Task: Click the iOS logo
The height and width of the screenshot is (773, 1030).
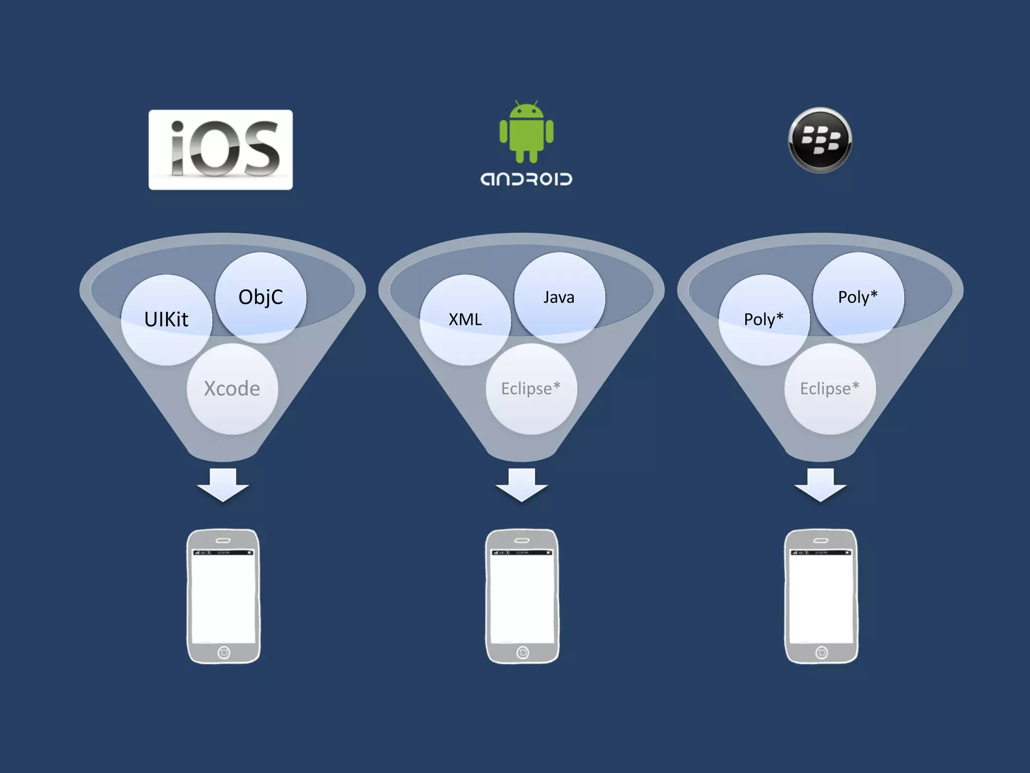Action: tap(220, 149)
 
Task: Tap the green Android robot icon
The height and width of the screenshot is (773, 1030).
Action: tap(526, 132)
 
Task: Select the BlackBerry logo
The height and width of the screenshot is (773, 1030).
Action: tap(820, 140)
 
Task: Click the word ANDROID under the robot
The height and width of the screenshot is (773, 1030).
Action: tap(526, 179)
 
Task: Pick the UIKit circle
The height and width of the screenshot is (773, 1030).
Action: tap(166, 320)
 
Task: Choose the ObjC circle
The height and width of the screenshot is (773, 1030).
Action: tap(261, 297)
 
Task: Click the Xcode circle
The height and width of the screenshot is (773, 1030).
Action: tap(232, 389)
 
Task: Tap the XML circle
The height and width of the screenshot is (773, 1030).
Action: tap(465, 320)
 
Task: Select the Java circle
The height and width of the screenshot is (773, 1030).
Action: tap(559, 297)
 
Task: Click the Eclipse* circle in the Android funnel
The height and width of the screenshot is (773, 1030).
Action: tap(531, 389)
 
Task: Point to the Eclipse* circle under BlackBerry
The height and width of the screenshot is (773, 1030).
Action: tap(829, 389)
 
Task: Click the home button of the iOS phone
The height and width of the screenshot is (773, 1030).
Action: tap(224, 653)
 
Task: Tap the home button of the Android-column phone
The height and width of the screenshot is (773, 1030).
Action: tap(523, 653)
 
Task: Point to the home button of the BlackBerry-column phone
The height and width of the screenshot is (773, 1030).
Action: tap(821, 653)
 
